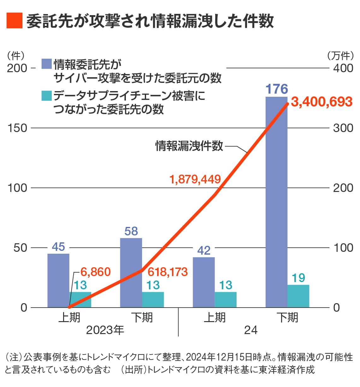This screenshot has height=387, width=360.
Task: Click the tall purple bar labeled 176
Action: click(276, 202)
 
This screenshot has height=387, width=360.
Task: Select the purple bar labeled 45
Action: click(58, 280)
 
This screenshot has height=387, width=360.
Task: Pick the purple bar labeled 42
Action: click(204, 282)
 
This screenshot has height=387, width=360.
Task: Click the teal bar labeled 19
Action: click(298, 296)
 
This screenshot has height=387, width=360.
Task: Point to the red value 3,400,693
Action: click(322, 102)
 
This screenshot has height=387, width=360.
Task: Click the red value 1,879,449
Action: click(195, 179)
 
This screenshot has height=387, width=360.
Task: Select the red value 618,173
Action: click(168, 272)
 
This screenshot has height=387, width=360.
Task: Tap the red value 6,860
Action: click(96, 272)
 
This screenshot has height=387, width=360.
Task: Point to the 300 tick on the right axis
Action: click(343, 128)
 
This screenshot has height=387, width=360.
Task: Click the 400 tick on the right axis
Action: click(343, 68)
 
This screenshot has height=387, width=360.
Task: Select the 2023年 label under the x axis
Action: click(105, 330)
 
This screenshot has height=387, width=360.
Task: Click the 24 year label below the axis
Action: click(251, 330)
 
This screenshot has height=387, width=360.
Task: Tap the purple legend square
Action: click(46, 64)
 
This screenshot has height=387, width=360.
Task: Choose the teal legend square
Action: click(46, 96)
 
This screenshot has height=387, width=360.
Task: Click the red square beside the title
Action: click(14, 21)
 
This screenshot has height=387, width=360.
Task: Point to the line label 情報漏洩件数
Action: click(189, 146)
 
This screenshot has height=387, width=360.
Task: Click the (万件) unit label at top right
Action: click(340, 56)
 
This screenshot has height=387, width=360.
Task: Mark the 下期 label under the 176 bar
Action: click(287, 317)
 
